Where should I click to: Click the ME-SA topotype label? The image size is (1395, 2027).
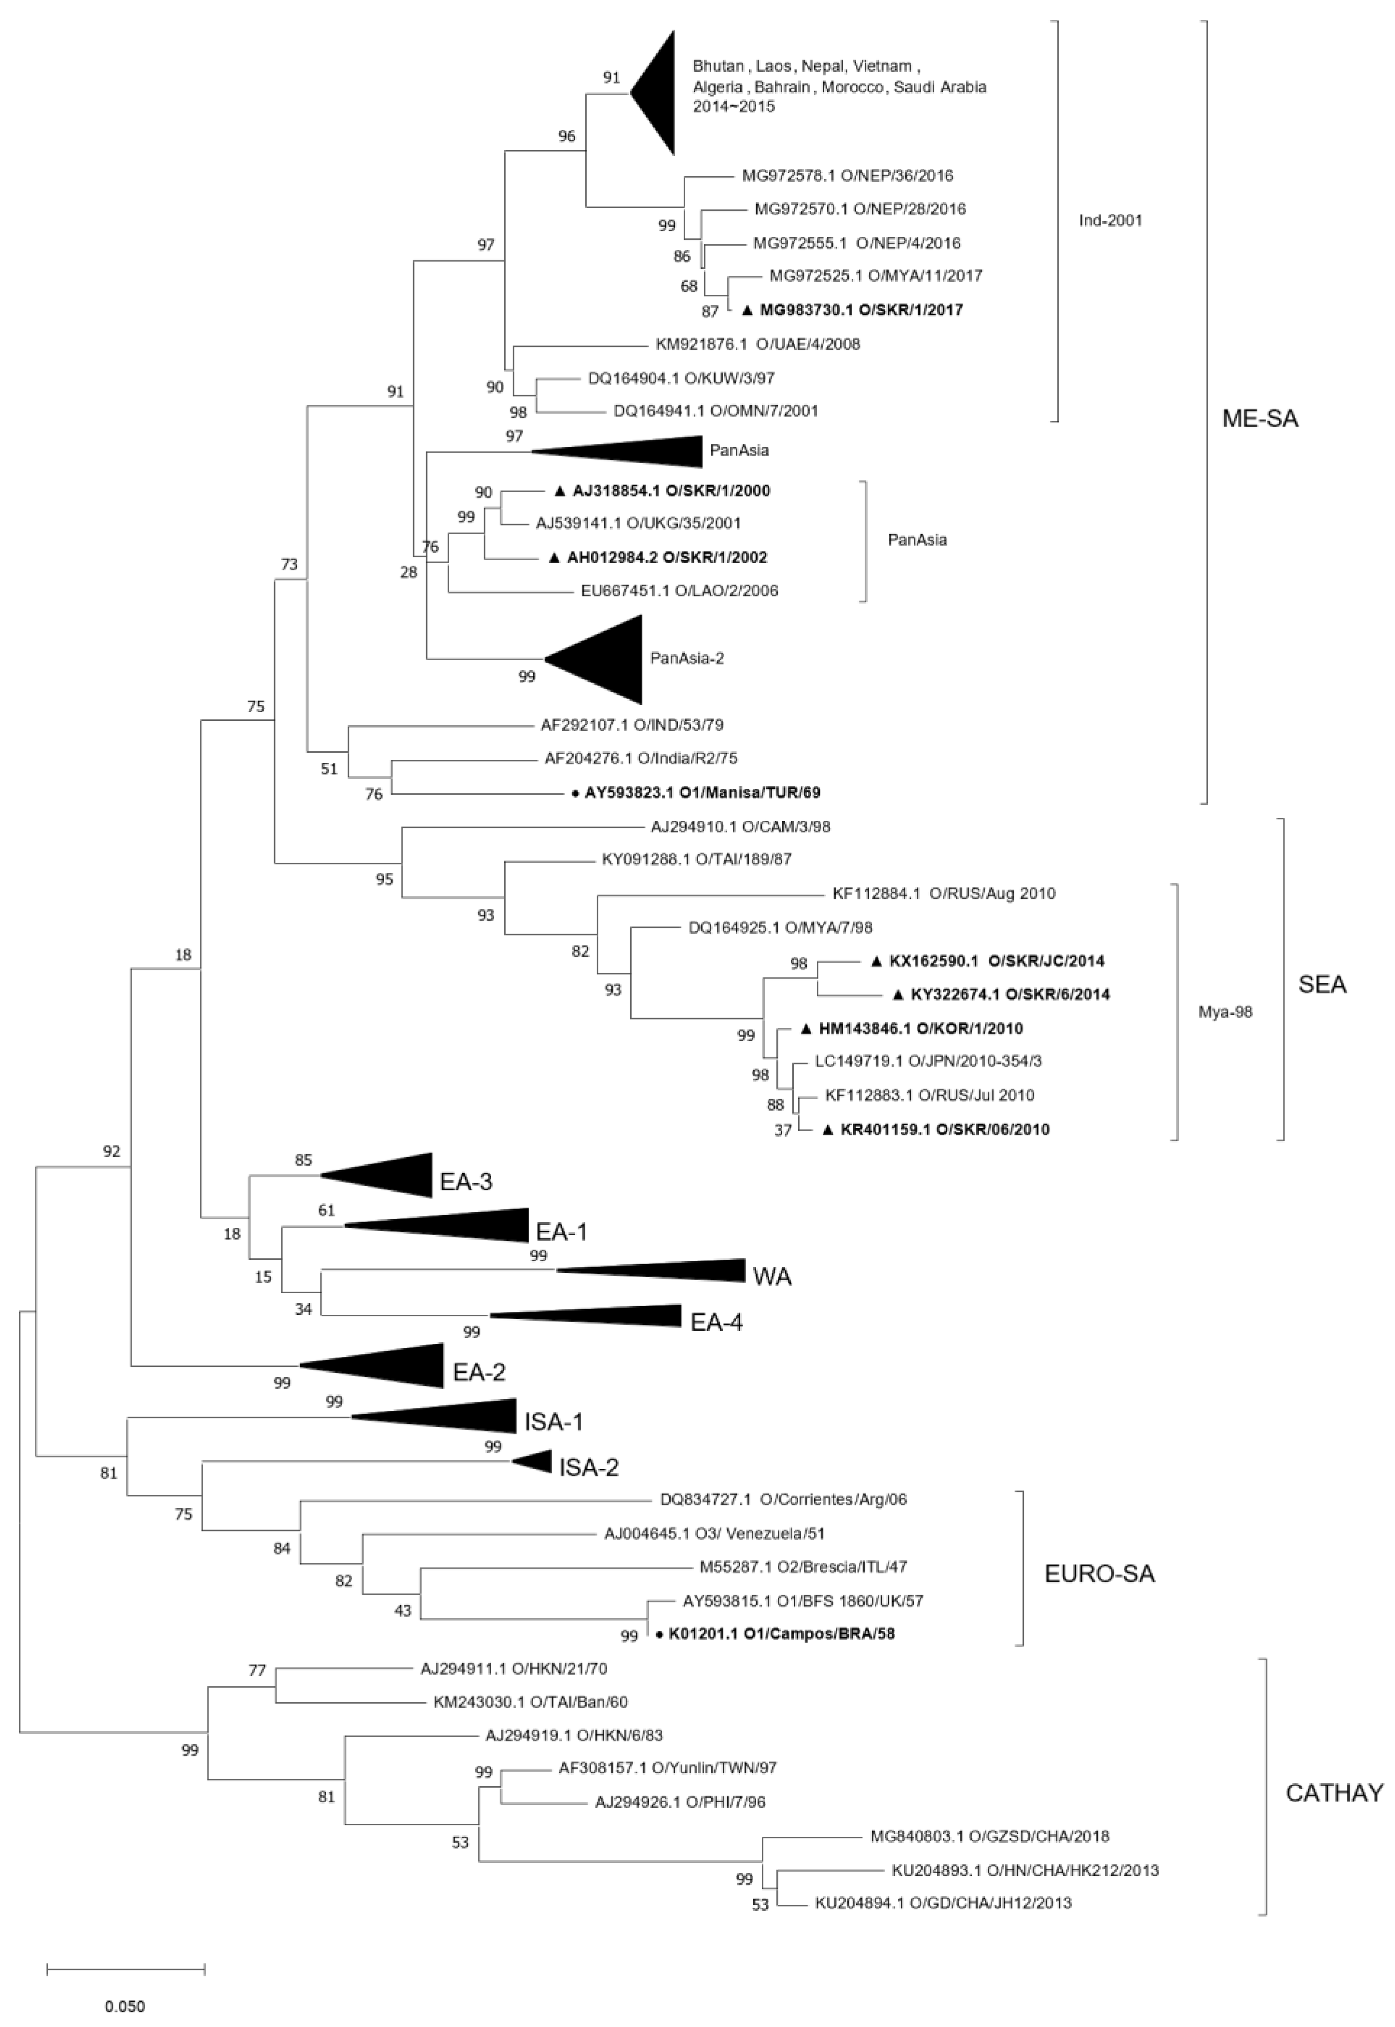tap(1259, 420)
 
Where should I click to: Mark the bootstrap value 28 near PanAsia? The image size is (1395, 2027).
tap(408, 573)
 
